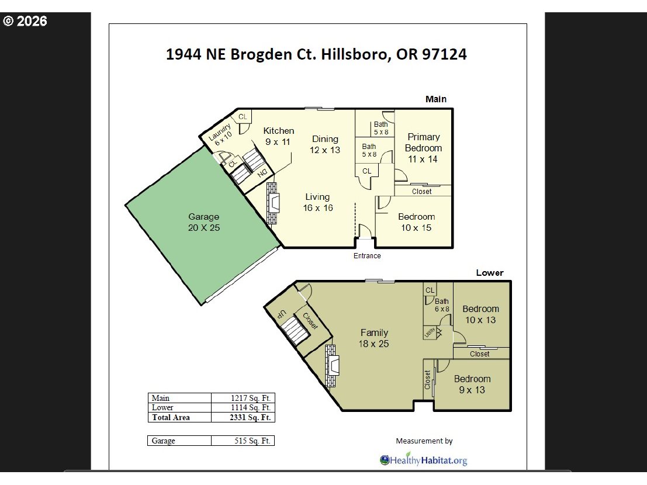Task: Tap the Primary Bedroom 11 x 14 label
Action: [x=424, y=148]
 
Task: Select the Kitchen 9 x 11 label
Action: [x=278, y=136]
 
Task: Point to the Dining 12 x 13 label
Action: [x=325, y=144]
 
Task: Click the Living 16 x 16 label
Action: [x=317, y=202]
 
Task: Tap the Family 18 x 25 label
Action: [x=374, y=338]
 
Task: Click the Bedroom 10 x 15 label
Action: [x=417, y=222]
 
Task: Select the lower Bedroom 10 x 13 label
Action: [x=480, y=314]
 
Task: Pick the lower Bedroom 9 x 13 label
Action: [x=472, y=384]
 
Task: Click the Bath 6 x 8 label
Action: [x=442, y=305]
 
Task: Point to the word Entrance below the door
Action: [x=367, y=256]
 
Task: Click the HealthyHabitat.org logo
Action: [x=424, y=460]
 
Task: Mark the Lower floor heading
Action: [x=489, y=273]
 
